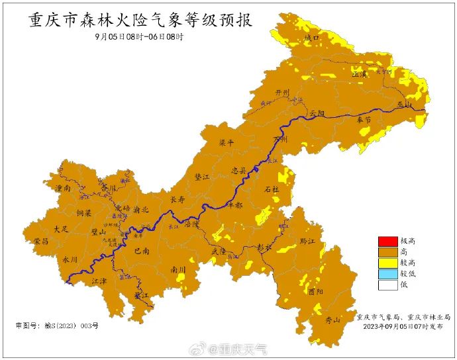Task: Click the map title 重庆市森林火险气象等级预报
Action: click(x=140, y=20)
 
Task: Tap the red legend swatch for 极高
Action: click(x=386, y=240)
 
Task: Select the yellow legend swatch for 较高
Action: click(x=386, y=263)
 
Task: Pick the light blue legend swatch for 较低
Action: click(x=386, y=274)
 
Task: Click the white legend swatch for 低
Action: click(x=386, y=285)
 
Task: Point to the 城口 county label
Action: click(x=311, y=38)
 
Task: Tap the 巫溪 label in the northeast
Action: click(x=359, y=75)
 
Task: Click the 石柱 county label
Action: click(x=272, y=189)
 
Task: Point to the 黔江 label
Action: click(x=307, y=241)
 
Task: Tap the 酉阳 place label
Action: click(x=315, y=291)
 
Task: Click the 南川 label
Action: click(x=178, y=269)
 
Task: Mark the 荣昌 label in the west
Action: click(x=41, y=242)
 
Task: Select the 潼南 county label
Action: click(x=64, y=189)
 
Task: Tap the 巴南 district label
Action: click(x=142, y=251)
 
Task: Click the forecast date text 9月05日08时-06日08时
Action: click(x=138, y=36)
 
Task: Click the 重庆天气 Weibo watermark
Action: click(x=238, y=348)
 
